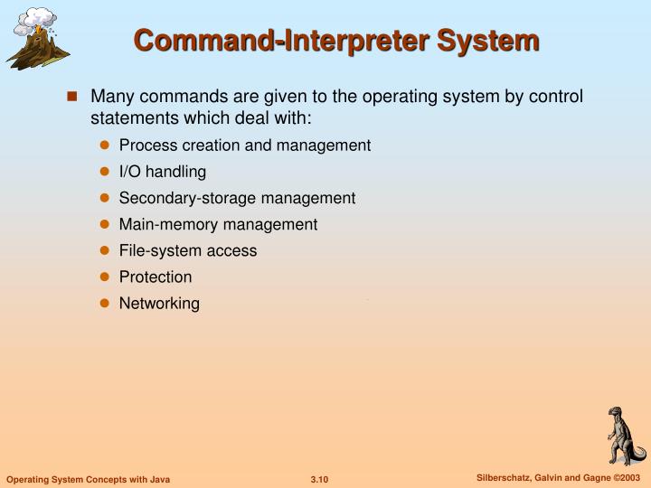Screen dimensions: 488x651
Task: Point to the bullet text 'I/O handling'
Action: point(163,172)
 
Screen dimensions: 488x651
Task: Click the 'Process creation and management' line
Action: point(244,145)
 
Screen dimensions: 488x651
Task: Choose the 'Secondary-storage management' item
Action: point(237,198)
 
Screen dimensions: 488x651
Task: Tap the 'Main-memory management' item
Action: point(218,224)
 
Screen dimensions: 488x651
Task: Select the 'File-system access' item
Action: point(188,251)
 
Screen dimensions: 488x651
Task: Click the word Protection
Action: point(156,277)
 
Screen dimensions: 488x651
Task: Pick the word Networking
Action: point(159,304)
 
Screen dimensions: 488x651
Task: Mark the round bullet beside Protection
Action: point(104,277)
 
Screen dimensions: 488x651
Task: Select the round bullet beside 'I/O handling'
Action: point(104,172)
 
